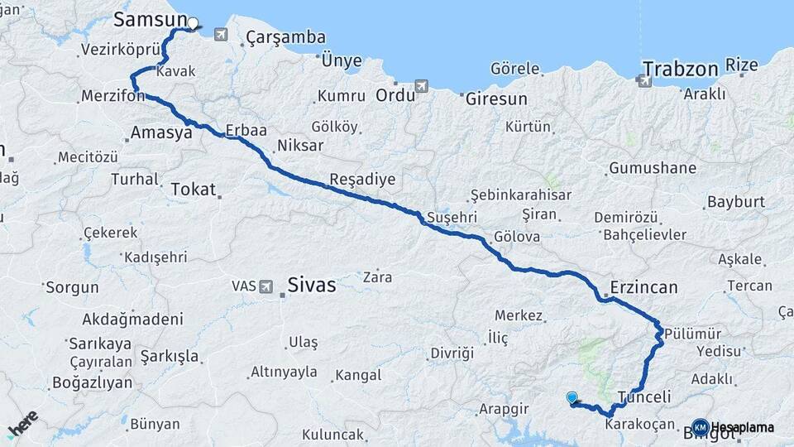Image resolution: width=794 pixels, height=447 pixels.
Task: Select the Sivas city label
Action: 312,286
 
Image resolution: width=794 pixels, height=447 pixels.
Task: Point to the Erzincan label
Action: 643,288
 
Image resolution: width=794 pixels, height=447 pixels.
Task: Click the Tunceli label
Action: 645,397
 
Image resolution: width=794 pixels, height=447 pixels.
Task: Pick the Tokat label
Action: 193,190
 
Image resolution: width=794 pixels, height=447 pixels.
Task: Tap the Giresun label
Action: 496,99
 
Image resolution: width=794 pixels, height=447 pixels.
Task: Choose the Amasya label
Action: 161,132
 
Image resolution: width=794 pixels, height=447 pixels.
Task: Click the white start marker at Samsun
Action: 193,23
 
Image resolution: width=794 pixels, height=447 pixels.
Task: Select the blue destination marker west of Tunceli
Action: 572,398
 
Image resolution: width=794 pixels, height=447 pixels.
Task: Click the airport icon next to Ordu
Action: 422,86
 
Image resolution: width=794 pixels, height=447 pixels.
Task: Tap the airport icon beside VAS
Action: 266,286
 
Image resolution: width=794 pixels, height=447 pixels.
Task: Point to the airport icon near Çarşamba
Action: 220,34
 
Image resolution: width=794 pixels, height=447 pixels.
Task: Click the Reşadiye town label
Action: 362,180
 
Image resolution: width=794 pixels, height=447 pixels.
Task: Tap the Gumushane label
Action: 653,169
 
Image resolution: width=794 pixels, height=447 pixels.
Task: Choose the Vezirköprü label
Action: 119,50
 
